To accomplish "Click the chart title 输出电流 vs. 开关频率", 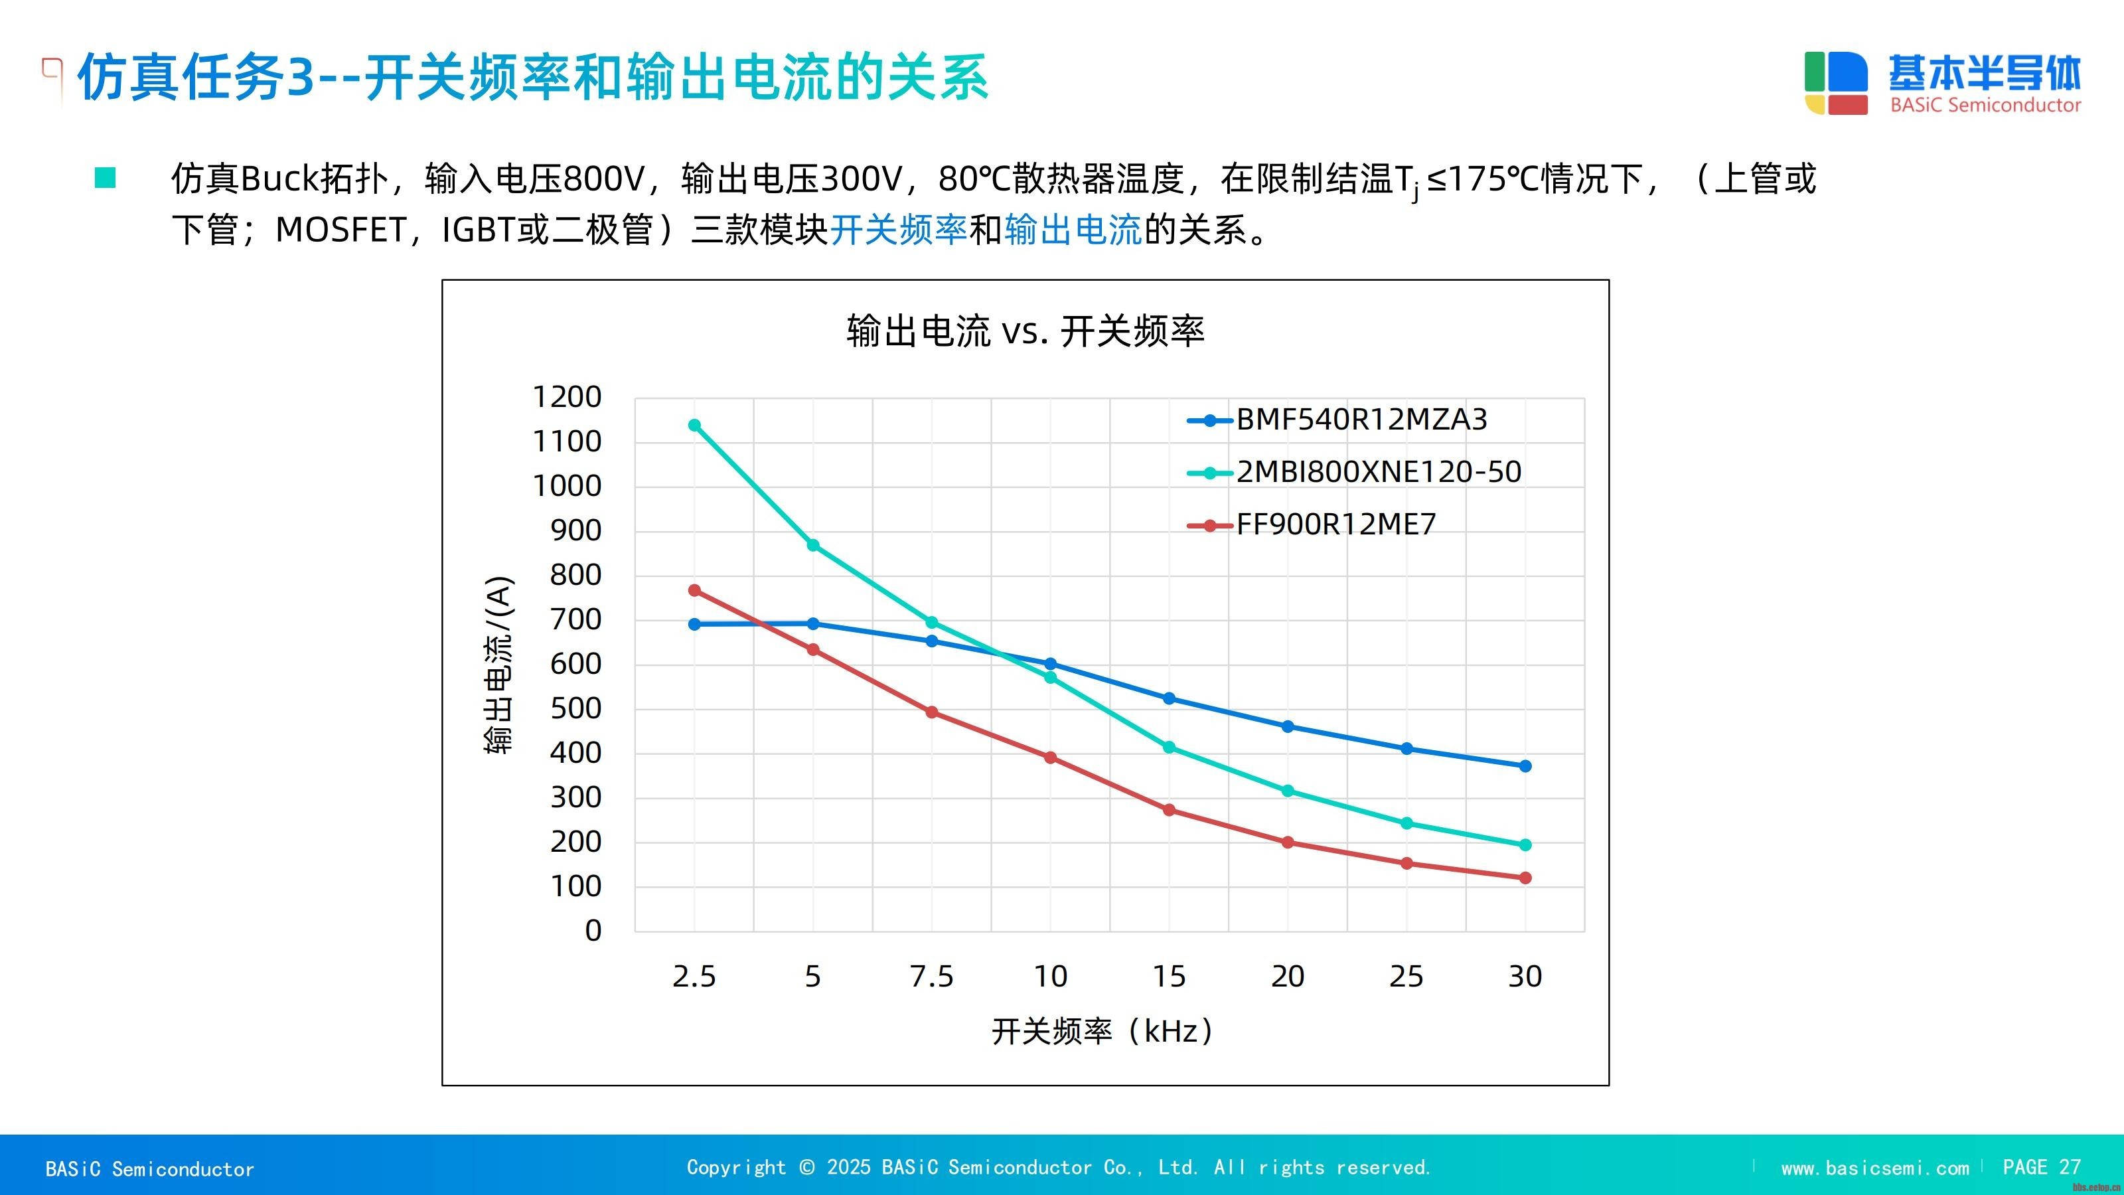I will point(1025,331).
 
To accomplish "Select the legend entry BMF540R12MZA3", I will point(1361,420).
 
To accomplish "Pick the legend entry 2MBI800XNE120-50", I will point(1379,472).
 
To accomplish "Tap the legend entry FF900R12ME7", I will point(1335,524).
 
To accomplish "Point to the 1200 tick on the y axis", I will point(568,398).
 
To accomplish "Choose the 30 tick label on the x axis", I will point(1525,977).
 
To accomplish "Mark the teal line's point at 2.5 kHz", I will point(694,426).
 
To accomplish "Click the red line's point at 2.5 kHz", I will point(694,590).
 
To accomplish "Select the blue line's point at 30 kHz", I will point(1525,766).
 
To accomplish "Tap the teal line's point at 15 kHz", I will point(1168,747).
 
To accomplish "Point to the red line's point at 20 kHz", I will point(1287,842).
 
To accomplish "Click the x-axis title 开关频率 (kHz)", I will point(1102,1031).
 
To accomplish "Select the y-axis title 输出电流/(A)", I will point(499,665).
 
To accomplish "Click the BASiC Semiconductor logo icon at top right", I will point(1835,83).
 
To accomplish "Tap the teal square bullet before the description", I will point(106,178).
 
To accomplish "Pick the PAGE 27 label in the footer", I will point(2041,1167).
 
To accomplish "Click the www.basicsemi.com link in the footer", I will point(1874,1168).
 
